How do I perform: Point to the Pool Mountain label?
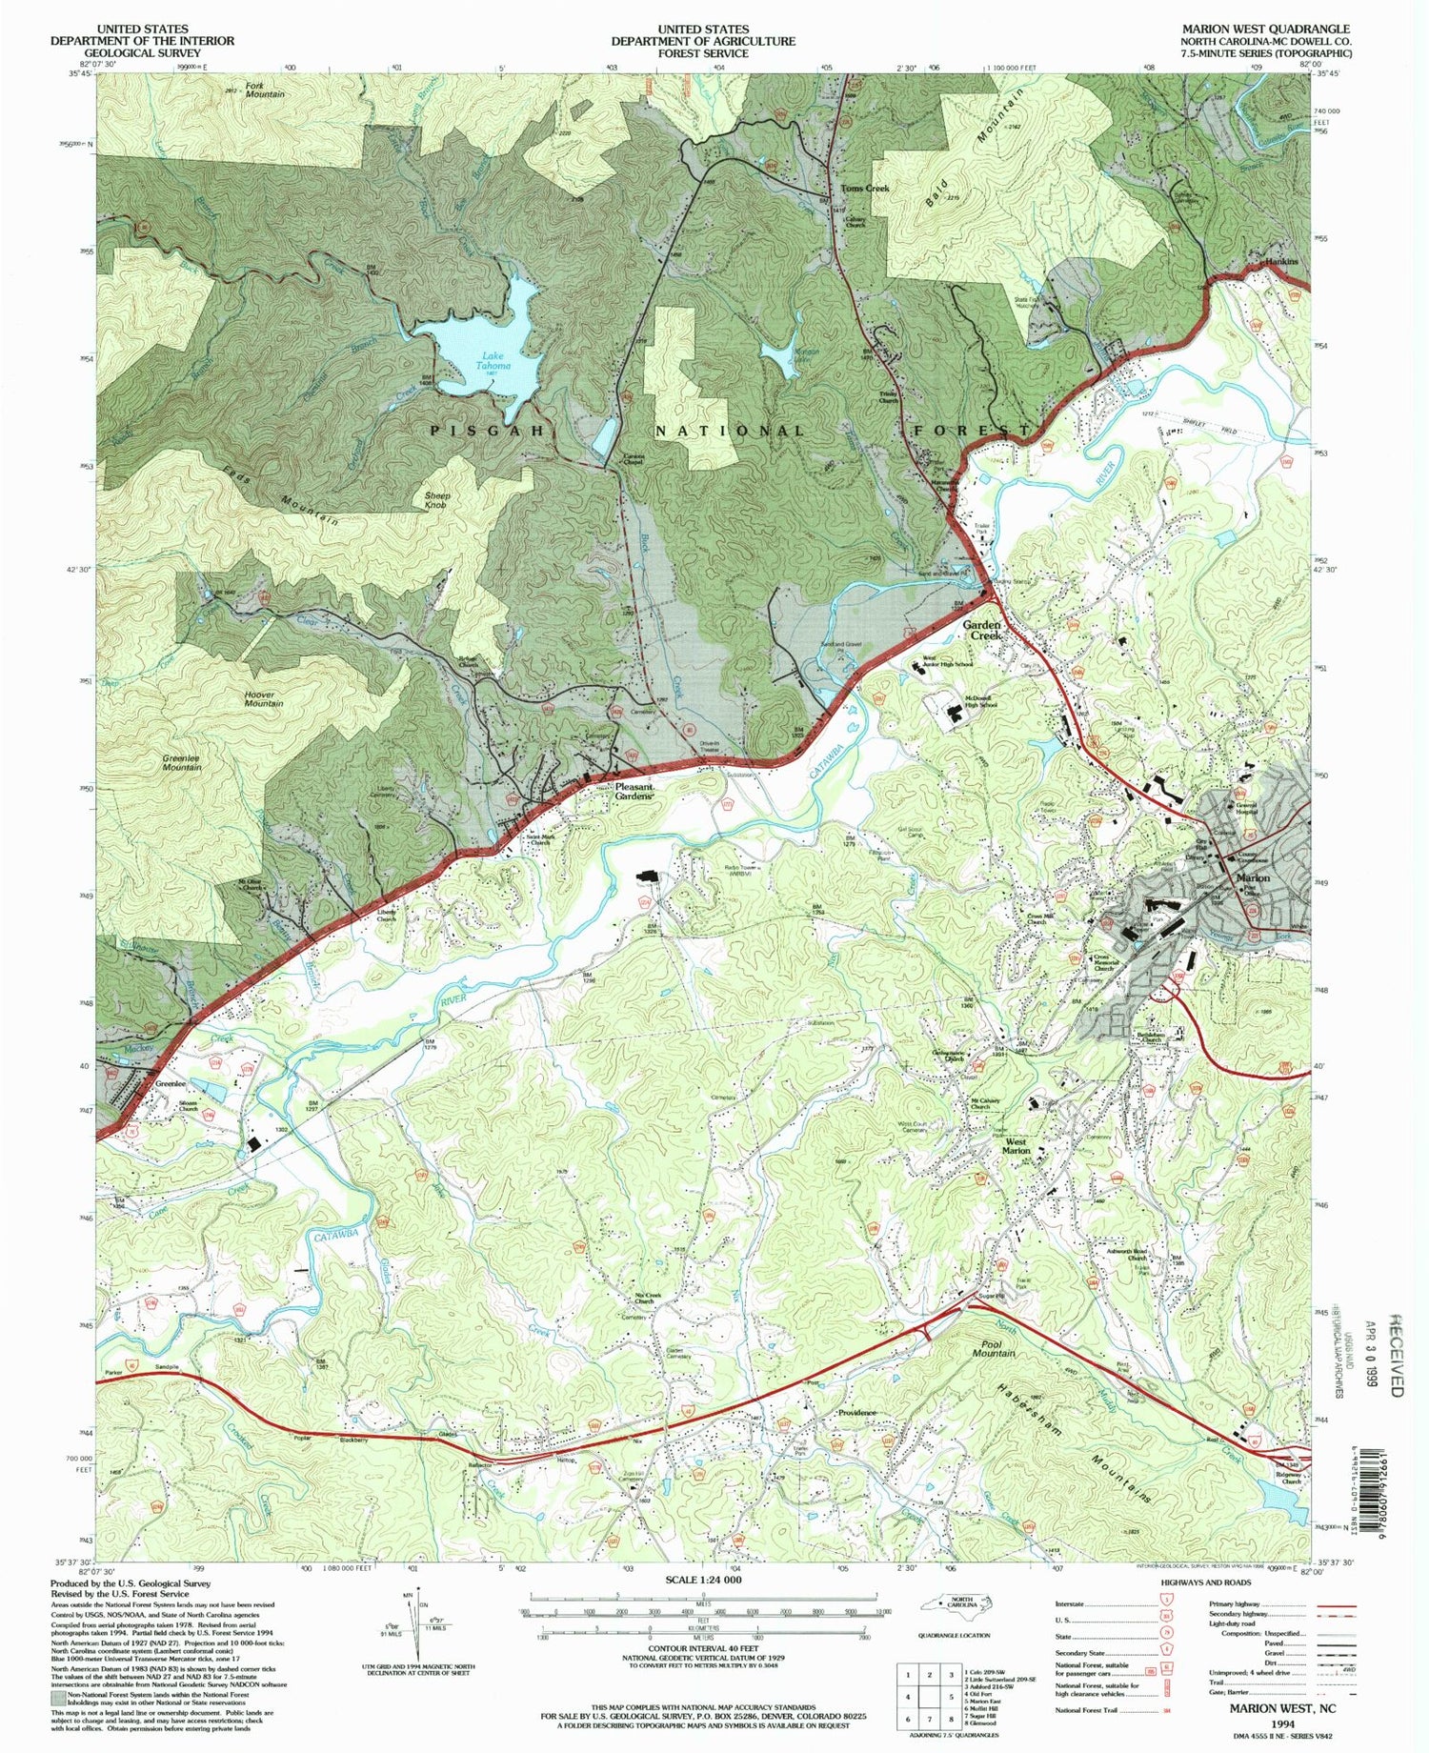click(993, 1348)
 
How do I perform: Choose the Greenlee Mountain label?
click(181, 762)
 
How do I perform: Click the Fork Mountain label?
click(264, 90)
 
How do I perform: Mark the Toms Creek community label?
click(864, 189)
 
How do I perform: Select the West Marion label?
click(1016, 1146)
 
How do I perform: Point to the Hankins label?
click(1282, 260)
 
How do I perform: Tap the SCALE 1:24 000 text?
click(701, 1580)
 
